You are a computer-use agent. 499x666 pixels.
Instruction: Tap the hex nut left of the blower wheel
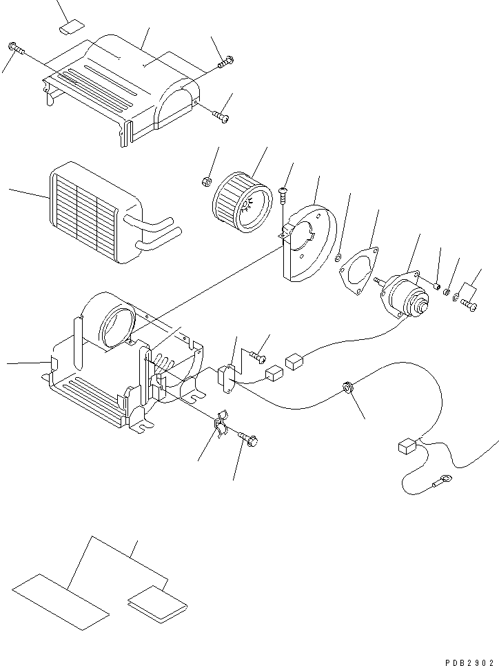pos(206,182)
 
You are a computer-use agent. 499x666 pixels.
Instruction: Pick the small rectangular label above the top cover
pos(72,28)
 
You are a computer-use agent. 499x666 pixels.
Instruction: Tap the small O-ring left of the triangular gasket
pos(338,259)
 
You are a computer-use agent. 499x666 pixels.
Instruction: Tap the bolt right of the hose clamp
pos(248,437)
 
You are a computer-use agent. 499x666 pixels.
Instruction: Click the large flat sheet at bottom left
pos(61,601)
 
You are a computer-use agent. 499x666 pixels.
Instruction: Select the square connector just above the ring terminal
pos(407,447)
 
